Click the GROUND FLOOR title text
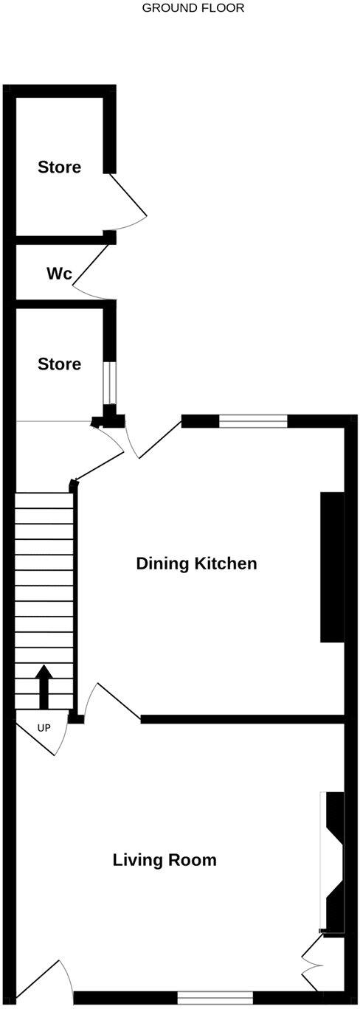click(x=193, y=8)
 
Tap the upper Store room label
click(x=60, y=167)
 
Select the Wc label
click(x=59, y=274)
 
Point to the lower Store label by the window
click(x=60, y=364)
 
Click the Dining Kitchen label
click(x=196, y=564)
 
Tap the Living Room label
click(x=165, y=860)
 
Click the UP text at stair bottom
click(x=44, y=729)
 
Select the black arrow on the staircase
click(x=44, y=685)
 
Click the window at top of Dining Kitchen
click(x=253, y=421)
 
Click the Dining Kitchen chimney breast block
click(x=332, y=566)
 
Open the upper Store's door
click(x=128, y=199)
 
